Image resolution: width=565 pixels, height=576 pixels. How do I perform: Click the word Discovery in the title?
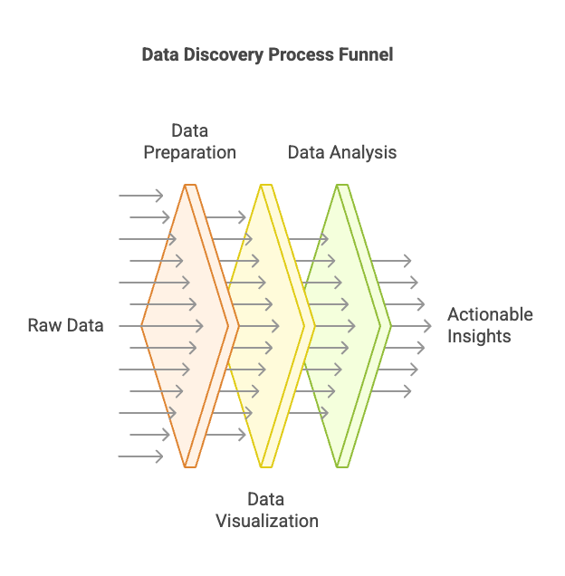223,54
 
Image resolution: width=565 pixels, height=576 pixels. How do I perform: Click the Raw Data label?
66,325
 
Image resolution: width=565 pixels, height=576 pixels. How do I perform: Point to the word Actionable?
490,314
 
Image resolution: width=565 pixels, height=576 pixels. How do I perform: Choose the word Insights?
479,336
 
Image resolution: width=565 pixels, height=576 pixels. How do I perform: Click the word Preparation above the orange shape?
189,152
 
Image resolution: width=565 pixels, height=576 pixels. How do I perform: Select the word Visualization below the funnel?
267,521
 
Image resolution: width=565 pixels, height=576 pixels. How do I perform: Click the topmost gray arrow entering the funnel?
140,196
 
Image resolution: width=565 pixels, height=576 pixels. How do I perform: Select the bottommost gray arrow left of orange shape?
140,456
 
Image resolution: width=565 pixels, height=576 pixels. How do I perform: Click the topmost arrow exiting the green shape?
391,261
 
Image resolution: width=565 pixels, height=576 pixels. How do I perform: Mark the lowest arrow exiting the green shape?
391,391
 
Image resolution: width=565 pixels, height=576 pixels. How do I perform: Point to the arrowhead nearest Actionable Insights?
428,326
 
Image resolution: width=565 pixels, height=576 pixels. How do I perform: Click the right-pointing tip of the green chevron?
391,326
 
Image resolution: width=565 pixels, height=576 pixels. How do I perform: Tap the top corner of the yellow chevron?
266,185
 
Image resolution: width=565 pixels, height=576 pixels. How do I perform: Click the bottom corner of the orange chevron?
190,467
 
